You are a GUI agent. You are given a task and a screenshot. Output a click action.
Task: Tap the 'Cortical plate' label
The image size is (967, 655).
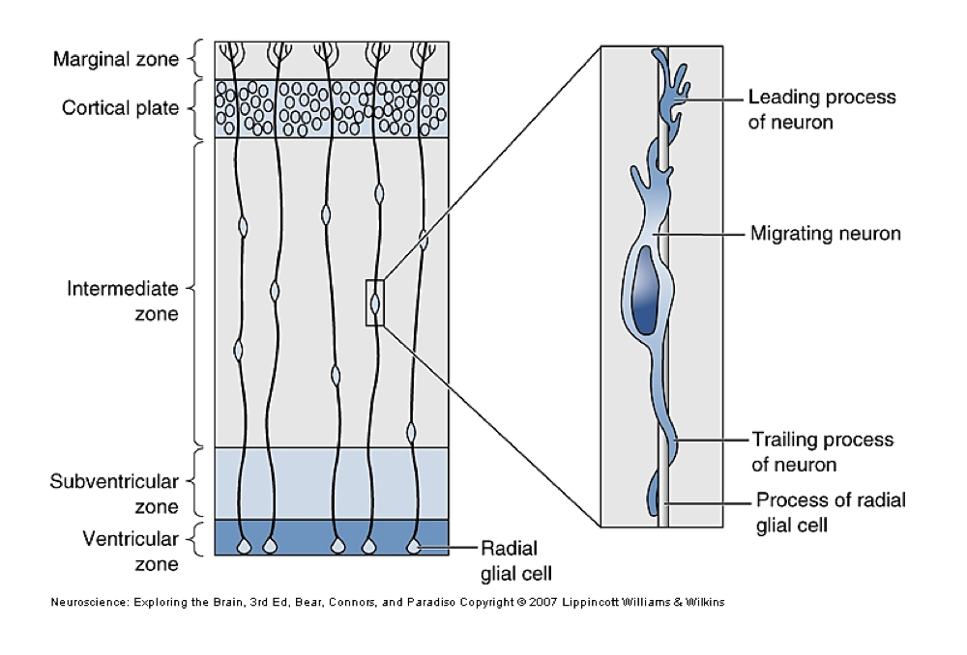(x=121, y=107)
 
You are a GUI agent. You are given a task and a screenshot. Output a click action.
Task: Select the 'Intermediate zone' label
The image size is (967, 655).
(x=123, y=300)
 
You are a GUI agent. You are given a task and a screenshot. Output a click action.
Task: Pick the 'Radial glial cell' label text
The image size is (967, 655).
(x=516, y=559)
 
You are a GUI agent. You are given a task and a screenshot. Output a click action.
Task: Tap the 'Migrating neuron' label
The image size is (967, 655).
(x=826, y=233)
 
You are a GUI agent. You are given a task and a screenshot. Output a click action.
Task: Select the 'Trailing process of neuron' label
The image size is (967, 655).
(x=822, y=451)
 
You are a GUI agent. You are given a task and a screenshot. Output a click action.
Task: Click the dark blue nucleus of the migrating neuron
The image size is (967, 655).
(x=644, y=290)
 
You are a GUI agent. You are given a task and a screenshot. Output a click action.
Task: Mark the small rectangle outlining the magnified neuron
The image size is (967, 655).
(x=375, y=301)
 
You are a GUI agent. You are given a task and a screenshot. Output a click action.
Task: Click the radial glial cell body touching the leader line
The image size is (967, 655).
(x=414, y=547)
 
